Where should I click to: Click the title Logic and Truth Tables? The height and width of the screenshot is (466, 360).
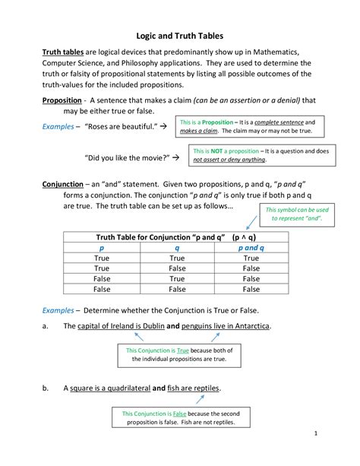(179, 35)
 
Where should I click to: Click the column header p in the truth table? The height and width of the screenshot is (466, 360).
(102, 247)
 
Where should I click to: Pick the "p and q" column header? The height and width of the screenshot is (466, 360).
(251, 247)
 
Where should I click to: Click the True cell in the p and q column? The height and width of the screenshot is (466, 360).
(251, 258)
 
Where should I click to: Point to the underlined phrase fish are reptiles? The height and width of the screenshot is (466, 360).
(194, 388)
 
